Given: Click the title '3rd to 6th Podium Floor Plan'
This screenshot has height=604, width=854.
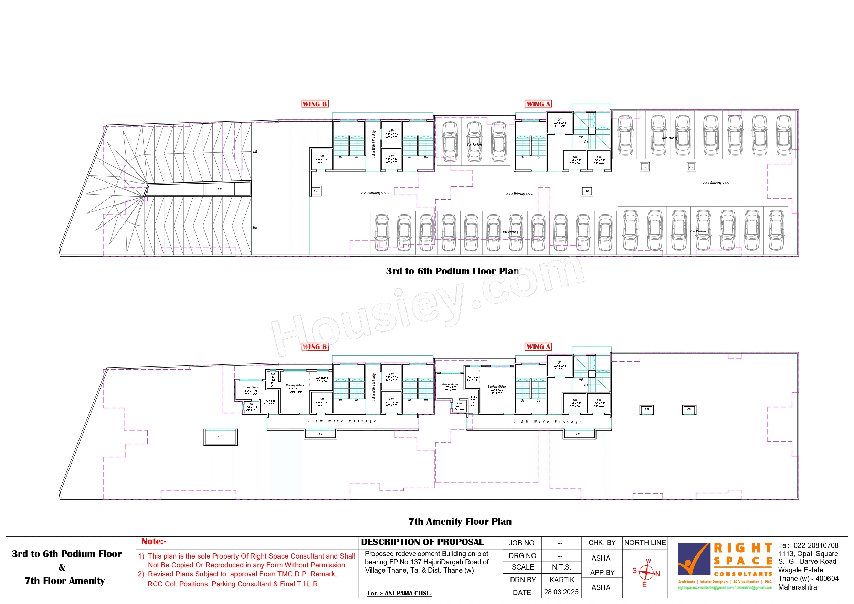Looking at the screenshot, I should (452, 271).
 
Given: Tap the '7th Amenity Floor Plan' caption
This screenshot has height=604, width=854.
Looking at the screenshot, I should (460, 521).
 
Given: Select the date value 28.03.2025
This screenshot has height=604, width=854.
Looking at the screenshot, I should (561, 592).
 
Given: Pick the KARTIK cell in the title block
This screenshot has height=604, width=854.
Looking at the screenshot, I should (562, 580).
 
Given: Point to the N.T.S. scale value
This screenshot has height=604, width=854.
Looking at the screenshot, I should (561, 567).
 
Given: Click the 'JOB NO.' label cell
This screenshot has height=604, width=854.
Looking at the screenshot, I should (522, 543).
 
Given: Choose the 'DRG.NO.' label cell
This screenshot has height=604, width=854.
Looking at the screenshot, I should (523, 556).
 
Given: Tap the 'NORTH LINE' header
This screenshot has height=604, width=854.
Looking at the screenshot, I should (645, 543).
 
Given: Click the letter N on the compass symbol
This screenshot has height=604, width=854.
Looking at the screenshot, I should (657, 574).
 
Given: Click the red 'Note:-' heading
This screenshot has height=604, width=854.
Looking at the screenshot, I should (154, 541).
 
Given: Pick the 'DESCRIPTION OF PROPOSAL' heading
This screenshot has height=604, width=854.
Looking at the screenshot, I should (422, 542).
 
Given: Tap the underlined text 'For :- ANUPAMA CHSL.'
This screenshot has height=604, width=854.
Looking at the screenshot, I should (399, 593).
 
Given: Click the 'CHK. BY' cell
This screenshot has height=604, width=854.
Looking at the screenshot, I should (602, 543).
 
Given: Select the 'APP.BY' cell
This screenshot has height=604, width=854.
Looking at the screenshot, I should (602, 573).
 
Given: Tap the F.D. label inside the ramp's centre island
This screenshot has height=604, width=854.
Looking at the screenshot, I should (220, 189).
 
